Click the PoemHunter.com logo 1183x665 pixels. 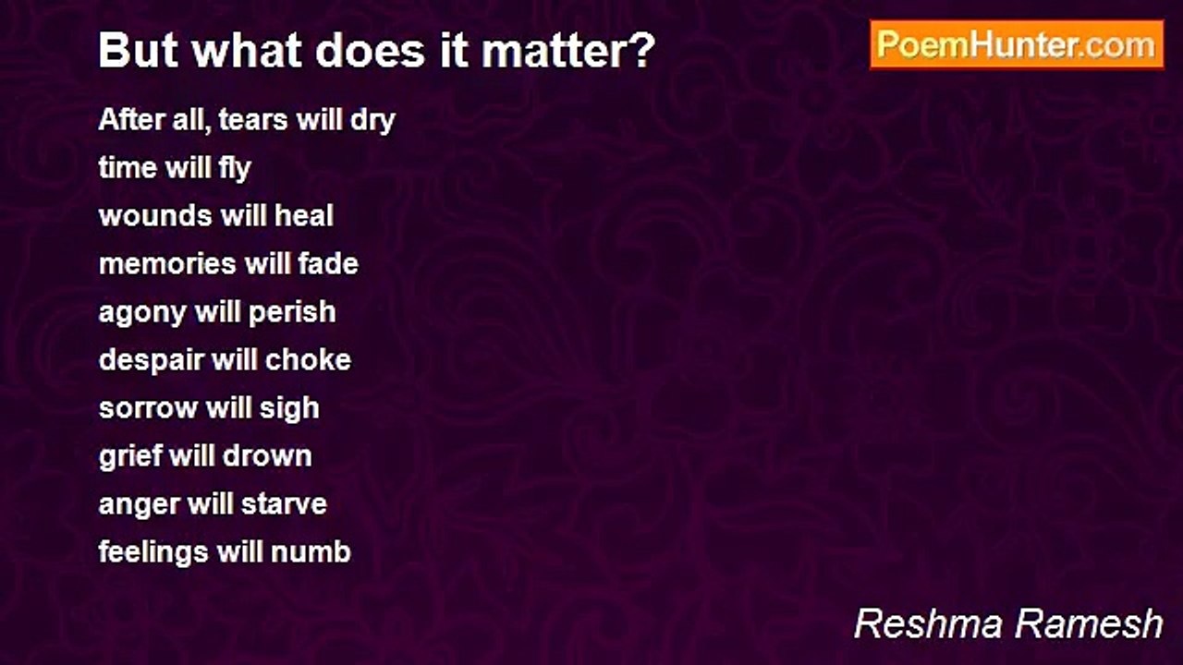click(x=1017, y=44)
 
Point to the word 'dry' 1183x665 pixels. click(x=372, y=121)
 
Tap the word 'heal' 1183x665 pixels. click(x=304, y=216)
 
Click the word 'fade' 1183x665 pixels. click(x=328, y=264)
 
